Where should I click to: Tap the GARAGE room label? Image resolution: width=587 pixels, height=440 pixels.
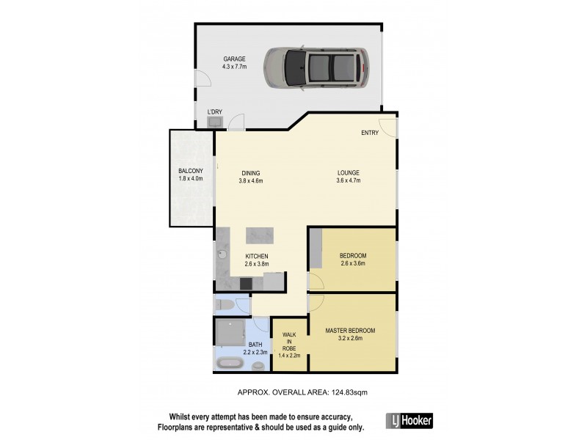(235, 59)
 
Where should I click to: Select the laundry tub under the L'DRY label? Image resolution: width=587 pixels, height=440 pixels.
(214, 124)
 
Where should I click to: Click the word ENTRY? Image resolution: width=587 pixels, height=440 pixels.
(370, 133)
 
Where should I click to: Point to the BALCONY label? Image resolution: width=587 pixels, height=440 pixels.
(190, 172)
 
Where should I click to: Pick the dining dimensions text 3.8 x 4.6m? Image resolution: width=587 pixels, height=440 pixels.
(251, 180)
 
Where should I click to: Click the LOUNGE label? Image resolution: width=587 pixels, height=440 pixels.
(348, 173)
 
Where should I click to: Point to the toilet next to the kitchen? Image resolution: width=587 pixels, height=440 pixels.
(224, 304)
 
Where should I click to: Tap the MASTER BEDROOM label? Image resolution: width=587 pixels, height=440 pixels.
(350, 331)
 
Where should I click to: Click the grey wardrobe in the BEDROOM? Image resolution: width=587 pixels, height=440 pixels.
(315, 248)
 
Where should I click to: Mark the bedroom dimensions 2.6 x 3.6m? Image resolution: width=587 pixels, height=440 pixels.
(352, 263)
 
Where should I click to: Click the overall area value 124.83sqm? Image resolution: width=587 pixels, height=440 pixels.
(348, 392)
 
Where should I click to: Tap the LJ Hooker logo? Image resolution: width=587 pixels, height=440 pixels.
(409, 420)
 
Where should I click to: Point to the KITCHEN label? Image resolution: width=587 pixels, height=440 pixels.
(257, 256)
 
